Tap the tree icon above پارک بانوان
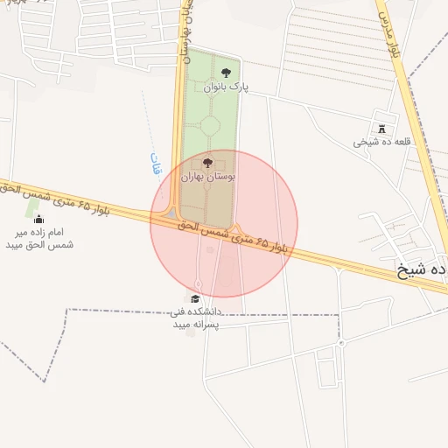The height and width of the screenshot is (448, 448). pos(227,73)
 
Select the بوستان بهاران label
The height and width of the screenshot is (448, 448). pos(208,177)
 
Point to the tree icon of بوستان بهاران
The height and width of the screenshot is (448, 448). pos(207,163)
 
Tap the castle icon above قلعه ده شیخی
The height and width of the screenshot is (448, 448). pos(381,128)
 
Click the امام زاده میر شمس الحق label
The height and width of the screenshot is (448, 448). pos(39,238)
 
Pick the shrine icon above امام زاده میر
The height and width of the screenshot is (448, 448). pos(38,219)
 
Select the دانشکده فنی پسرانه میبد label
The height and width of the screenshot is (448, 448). pos(195,318)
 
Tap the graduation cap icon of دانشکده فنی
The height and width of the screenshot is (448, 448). pos(194,299)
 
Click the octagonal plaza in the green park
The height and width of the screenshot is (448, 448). pos(210,126)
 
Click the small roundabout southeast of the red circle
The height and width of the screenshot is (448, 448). pos(340,344)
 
